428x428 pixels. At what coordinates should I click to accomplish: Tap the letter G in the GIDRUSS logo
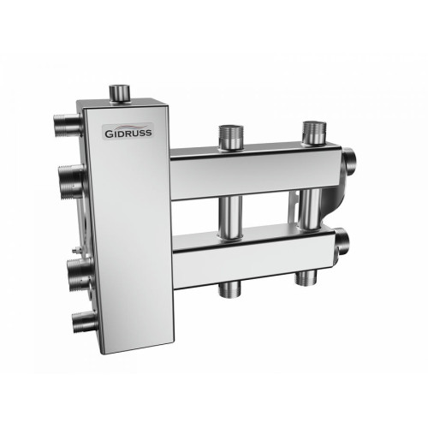point(107,133)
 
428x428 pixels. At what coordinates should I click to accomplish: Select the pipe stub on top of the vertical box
point(119,92)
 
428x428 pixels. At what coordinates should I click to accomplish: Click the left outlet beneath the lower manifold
point(229,288)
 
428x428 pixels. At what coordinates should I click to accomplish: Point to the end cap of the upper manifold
point(349,161)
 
